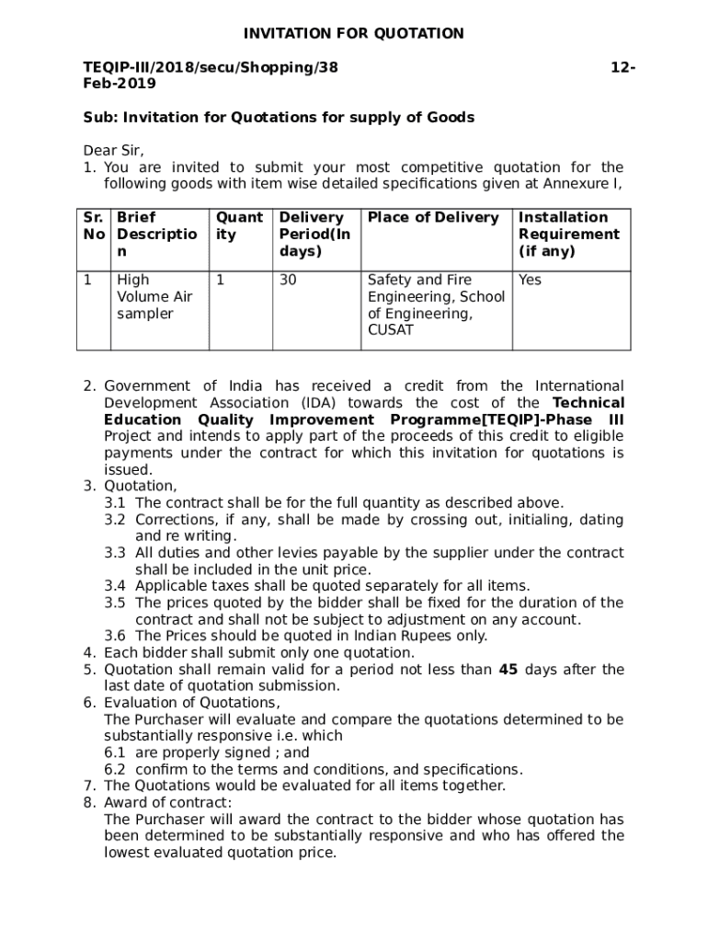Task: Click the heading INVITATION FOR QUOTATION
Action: [353, 34]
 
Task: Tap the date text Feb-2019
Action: [120, 84]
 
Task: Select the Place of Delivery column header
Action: [433, 218]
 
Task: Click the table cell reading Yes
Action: [531, 280]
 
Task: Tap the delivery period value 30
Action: [288, 280]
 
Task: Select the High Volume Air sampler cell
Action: [154, 296]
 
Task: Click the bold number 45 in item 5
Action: [508, 670]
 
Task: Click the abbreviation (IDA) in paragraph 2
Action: [318, 403]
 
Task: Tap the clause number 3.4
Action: [115, 586]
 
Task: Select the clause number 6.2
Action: [115, 769]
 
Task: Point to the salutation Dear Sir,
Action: [114, 151]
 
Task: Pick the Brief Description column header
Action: [156, 235]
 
